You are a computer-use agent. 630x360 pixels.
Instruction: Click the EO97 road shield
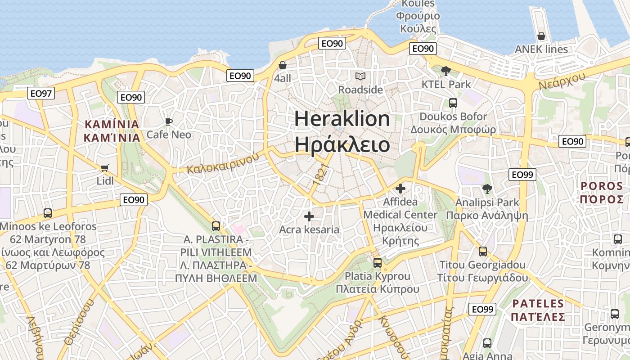click(41, 94)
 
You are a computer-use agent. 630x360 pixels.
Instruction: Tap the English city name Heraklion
click(342, 118)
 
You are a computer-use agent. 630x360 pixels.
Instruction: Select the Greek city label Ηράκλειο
click(342, 144)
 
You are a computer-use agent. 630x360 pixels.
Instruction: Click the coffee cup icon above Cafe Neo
click(169, 121)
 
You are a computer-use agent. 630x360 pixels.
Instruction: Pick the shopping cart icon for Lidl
click(105, 168)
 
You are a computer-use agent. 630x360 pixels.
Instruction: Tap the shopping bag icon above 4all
click(283, 65)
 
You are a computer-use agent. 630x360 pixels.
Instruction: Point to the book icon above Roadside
click(360, 76)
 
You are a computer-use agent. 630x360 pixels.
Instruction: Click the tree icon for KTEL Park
click(446, 71)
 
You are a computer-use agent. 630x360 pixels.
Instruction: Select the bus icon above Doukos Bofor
click(453, 103)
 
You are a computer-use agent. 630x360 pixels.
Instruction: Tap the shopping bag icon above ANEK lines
click(541, 36)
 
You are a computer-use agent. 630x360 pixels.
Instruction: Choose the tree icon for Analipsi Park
click(487, 189)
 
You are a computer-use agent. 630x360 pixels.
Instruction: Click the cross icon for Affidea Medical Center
click(400, 189)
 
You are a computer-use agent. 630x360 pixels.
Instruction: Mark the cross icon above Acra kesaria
click(309, 216)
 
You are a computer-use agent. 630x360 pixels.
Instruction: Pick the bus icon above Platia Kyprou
click(378, 262)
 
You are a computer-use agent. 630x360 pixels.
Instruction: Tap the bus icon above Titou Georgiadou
click(483, 251)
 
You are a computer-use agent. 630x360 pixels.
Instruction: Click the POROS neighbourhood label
click(602, 186)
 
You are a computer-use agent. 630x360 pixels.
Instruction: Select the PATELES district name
click(538, 304)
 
